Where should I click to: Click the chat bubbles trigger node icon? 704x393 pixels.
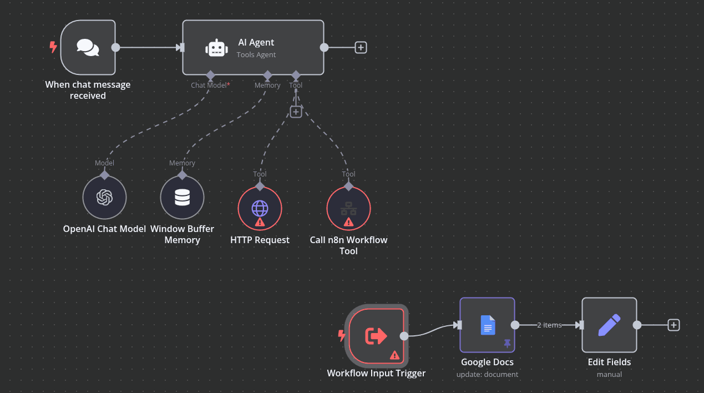(x=88, y=47)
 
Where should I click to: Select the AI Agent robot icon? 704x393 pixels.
(x=216, y=48)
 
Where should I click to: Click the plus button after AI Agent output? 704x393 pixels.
(x=361, y=47)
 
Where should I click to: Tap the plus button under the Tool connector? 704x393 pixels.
(x=296, y=112)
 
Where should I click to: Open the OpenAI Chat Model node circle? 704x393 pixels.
(x=104, y=198)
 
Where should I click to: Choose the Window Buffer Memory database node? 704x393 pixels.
(x=182, y=198)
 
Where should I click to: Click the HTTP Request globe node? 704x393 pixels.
(x=260, y=208)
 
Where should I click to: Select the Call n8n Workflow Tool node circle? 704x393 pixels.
(x=348, y=208)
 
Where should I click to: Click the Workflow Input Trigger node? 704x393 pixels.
(x=376, y=335)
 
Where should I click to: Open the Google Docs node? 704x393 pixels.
(x=487, y=325)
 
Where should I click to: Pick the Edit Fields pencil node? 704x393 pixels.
(x=609, y=325)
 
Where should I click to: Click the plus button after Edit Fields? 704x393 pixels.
(x=673, y=325)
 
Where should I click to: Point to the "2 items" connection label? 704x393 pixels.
(x=549, y=325)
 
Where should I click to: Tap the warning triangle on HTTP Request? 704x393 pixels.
(x=260, y=222)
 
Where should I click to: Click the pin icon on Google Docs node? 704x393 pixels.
(x=507, y=344)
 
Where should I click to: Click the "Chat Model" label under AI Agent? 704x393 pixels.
(x=209, y=85)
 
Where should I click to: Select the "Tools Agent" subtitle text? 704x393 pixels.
(x=256, y=54)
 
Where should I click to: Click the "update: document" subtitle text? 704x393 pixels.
(x=487, y=374)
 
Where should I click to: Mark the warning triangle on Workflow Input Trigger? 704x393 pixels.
(x=394, y=355)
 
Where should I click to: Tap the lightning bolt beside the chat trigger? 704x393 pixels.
(x=53, y=47)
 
